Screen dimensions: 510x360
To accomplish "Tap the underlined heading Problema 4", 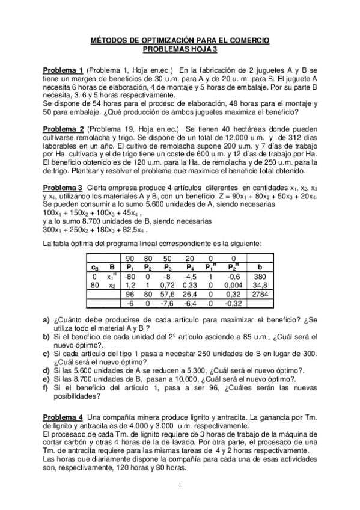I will coord(63,417).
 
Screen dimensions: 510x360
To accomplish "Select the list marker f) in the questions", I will coord(46,389).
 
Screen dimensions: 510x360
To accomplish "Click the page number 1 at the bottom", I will coord(180,485).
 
